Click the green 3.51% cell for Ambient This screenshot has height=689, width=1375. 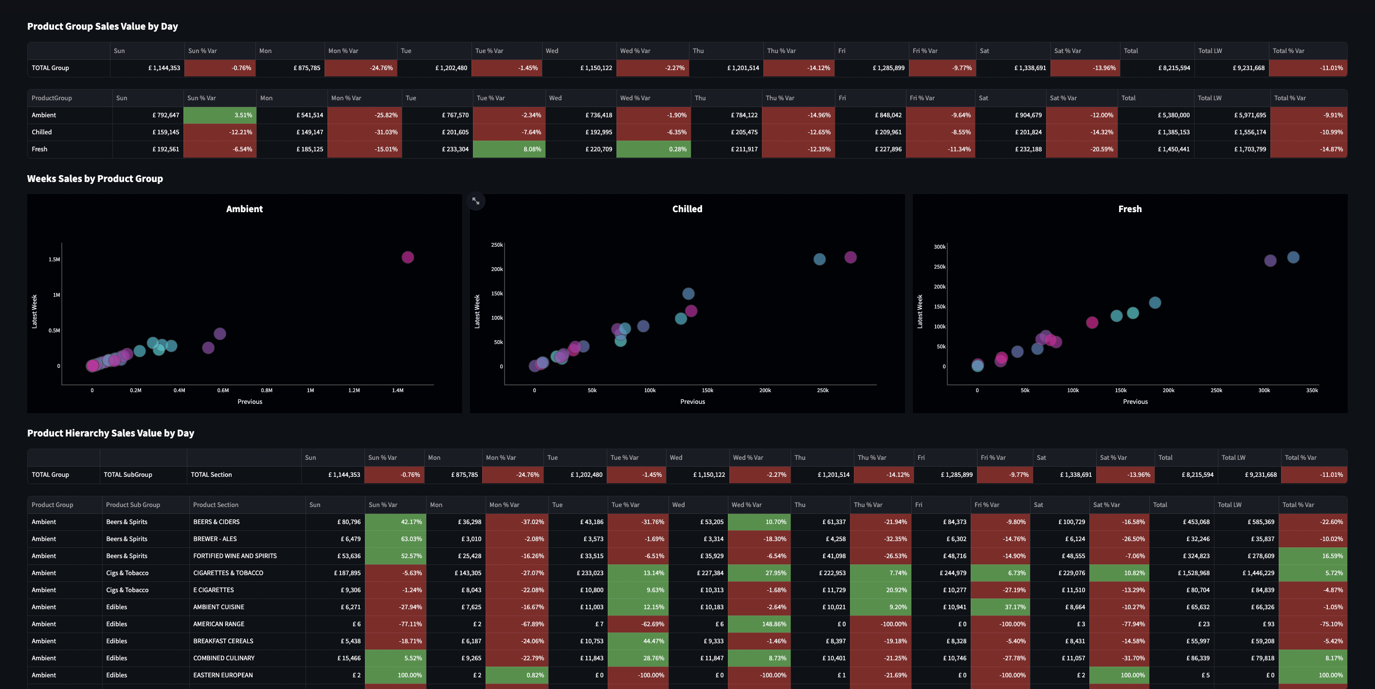(x=220, y=115)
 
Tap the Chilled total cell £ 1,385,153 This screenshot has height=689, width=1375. (x=1156, y=132)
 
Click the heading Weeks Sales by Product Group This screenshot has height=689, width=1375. (x=95, y=179)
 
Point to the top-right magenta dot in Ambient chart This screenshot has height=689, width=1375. (x=408, y=257)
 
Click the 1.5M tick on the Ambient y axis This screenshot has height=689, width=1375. (x=54, y=260)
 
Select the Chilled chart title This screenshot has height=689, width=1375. (x=687, y=209)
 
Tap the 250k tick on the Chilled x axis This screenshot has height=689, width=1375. (x=823, y=391)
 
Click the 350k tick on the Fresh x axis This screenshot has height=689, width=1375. (x=1312, y=391)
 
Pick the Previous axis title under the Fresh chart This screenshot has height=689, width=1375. (x=1135, y=402)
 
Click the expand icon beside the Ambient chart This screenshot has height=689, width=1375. (x=475, y=201)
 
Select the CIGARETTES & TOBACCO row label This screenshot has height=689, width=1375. (x=228, y=573)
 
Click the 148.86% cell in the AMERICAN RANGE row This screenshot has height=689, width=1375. (x=759, y=624)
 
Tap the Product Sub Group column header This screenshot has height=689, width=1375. (x=133, y=505)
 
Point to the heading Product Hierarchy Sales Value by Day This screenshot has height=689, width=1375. (x=110, y=434)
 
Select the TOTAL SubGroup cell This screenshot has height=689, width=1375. (x=128, y=475)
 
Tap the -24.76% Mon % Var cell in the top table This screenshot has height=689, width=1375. (x=361, y=68)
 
